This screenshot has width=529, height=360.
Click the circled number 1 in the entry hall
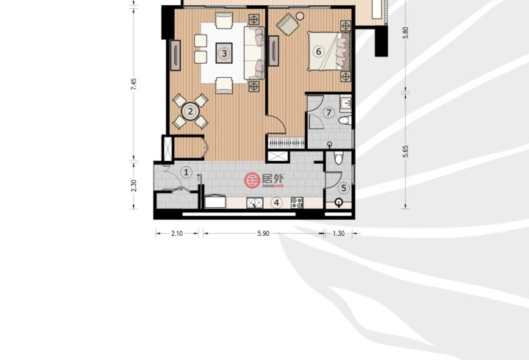point(186,173)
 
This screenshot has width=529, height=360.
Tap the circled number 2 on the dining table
point(190,111)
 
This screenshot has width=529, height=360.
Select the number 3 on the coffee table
point(224,53)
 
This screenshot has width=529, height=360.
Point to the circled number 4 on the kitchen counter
point(277,203)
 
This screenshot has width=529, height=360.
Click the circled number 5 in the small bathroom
point(344,188)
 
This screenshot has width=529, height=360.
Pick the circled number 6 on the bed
point(318,51)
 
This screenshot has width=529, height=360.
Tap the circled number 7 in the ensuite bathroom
point(329,112)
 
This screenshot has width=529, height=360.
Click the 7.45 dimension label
point(134,84)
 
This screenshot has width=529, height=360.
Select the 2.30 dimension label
point(134,186)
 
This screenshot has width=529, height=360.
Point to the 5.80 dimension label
point(406,33)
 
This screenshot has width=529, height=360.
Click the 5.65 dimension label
point(406,151)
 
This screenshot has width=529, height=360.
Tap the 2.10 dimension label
point(177,234)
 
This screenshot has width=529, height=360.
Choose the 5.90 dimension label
point(263,234)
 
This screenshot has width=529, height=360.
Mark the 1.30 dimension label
point(339,234)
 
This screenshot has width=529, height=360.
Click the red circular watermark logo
point(252,180)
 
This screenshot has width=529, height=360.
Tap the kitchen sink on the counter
point(255,203)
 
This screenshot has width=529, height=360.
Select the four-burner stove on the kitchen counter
point(298,203)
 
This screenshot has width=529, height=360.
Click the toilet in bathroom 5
point(339,158)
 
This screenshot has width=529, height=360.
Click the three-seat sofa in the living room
point(254,53)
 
